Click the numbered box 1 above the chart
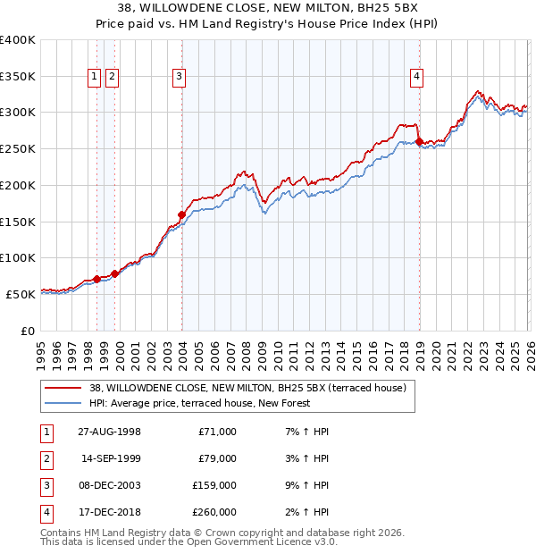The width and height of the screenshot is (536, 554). pyautogui.click(x=95, y=78)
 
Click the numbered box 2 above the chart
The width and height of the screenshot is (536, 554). pyautogui.click(x=112, y=78)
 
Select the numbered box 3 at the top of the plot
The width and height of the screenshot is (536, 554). pyautogui.click(x=180, y=78)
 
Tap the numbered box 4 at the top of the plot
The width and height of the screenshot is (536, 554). pyautogui.click(x=417, y=78)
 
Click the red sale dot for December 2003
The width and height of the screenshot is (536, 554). pyautogui.click(x=181, y=214)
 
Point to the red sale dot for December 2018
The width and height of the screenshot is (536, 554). pyautogui.click(x=419, y=141)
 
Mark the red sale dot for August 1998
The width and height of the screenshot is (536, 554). pyautogui.click(x=97, y=279)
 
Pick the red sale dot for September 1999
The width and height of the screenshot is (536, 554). pyautogui.click(x=114, y=273)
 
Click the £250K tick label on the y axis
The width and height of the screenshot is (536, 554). pyautogui.click(x=18, y=149)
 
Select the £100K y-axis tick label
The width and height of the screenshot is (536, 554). pyautogui.click(x=18, y=257)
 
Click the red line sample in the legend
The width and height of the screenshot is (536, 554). pyautogui.click(x=63, y=388)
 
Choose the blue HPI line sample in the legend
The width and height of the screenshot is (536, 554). pyautogui.click(x=63, y=403)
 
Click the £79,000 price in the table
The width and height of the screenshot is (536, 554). pyautogui.click(x=217, y=458)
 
